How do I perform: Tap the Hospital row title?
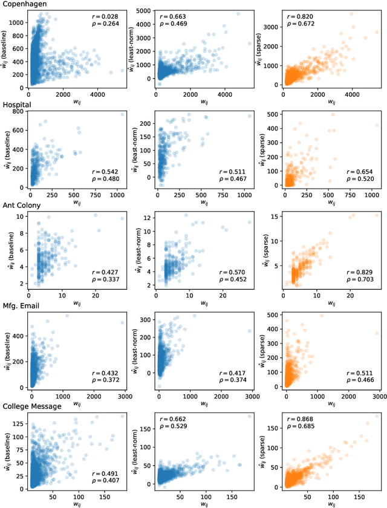[17, 105]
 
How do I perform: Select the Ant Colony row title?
[22, 205]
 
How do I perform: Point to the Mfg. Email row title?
[22, 306]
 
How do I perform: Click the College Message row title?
[31, 406]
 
